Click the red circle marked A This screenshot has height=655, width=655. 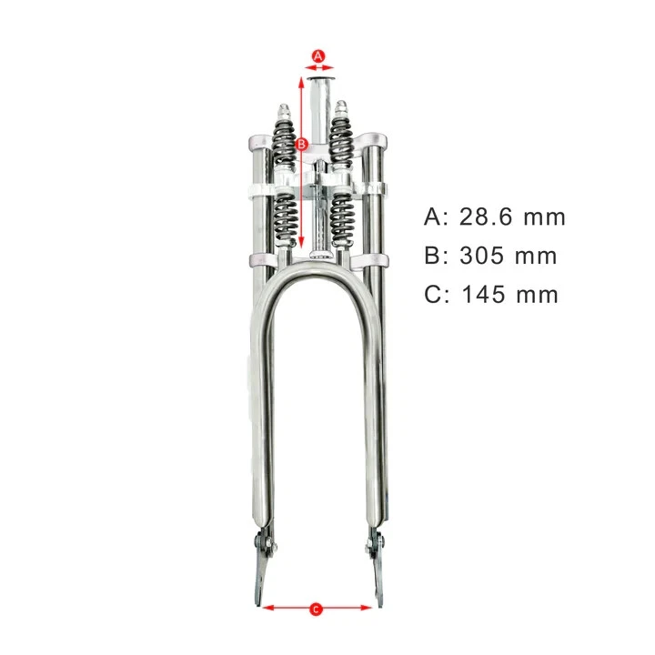(x=318, y=56)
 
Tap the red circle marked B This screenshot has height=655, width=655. (x=302, y=145)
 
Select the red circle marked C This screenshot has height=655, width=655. (x=316, y=609)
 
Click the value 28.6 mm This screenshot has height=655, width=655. (x=513, y=217)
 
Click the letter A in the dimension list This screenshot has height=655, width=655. (x=431, y=217)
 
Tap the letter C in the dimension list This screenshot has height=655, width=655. (x=432, y=295)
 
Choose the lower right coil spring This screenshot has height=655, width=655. (x=344, y=221)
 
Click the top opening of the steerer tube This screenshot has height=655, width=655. (x=319, y=80)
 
